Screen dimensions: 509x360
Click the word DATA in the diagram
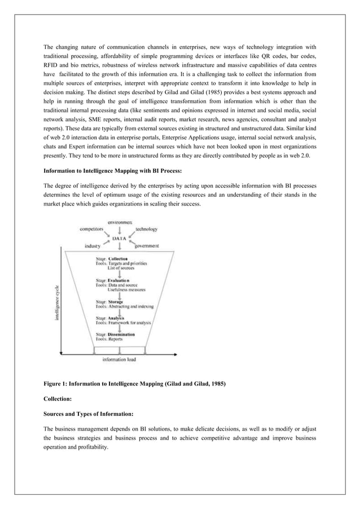pos(118,238)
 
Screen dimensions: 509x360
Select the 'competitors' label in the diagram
pos(91,229)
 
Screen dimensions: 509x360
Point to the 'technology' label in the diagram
pos(146,230)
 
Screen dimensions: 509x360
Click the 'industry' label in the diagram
pos(93,246)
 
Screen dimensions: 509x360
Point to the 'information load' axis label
pos(118,359)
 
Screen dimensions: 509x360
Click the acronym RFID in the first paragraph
pos(52,67)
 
